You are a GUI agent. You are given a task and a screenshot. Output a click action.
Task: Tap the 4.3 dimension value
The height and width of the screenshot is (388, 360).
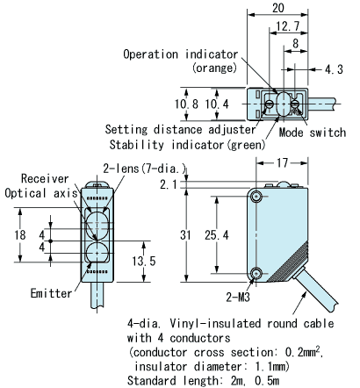[x=334, y=69]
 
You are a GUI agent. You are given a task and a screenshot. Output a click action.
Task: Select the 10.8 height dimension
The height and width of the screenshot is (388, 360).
[x=186, y=104]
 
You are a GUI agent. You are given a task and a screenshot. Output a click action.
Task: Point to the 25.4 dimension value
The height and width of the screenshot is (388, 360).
[x=217, y=235]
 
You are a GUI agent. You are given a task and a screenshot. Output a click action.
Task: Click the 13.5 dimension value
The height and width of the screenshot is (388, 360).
[x=144, y=261]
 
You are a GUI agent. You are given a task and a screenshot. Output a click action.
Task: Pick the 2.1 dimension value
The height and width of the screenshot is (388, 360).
[x=169, y=184]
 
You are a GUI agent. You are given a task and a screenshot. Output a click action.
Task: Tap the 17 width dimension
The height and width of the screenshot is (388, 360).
[x=282, y=162]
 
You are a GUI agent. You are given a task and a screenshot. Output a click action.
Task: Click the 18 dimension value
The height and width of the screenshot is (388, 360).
[x=20, y=235]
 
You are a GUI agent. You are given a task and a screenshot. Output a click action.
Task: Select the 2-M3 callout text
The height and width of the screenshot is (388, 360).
[x=238, y=297]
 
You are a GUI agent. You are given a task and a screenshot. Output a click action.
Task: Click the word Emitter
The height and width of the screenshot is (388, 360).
[x=51, y=293]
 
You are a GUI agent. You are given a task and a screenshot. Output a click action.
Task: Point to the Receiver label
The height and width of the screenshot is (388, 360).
[x=45, y=178]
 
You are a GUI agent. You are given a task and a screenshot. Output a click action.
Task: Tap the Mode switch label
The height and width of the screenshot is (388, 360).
[x=313, y=133]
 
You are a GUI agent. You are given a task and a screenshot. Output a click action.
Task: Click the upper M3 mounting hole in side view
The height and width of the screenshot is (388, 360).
[x=256, y=197]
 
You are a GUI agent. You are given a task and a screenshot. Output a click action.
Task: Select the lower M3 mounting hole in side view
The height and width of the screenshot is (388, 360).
[x=256, y=273]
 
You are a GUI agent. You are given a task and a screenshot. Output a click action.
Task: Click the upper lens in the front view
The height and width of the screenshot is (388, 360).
[x=97, y=222]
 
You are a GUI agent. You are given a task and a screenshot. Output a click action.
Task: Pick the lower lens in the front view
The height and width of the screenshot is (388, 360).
[x=97, y=252]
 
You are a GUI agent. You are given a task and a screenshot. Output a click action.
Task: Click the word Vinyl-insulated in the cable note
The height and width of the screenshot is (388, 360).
[x=215, y=324]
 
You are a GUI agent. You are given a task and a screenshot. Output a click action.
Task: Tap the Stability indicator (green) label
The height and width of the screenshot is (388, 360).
[x=187, y=145]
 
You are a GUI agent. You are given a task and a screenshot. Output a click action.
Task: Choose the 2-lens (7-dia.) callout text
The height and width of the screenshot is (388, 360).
[x=145, y=169]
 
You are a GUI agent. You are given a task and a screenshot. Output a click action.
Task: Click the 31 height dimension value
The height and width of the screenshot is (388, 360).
[x=185, y=235]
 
